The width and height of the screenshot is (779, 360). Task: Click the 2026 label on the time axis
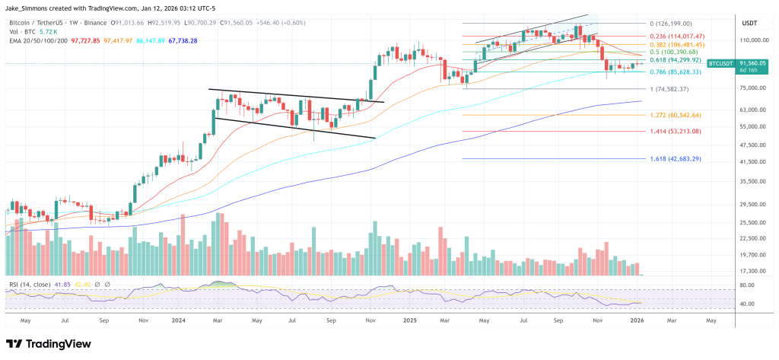pyautogui.click(x=641, y=321)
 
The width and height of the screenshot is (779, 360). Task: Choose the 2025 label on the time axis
pyautogui.click(x=409, y=321)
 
